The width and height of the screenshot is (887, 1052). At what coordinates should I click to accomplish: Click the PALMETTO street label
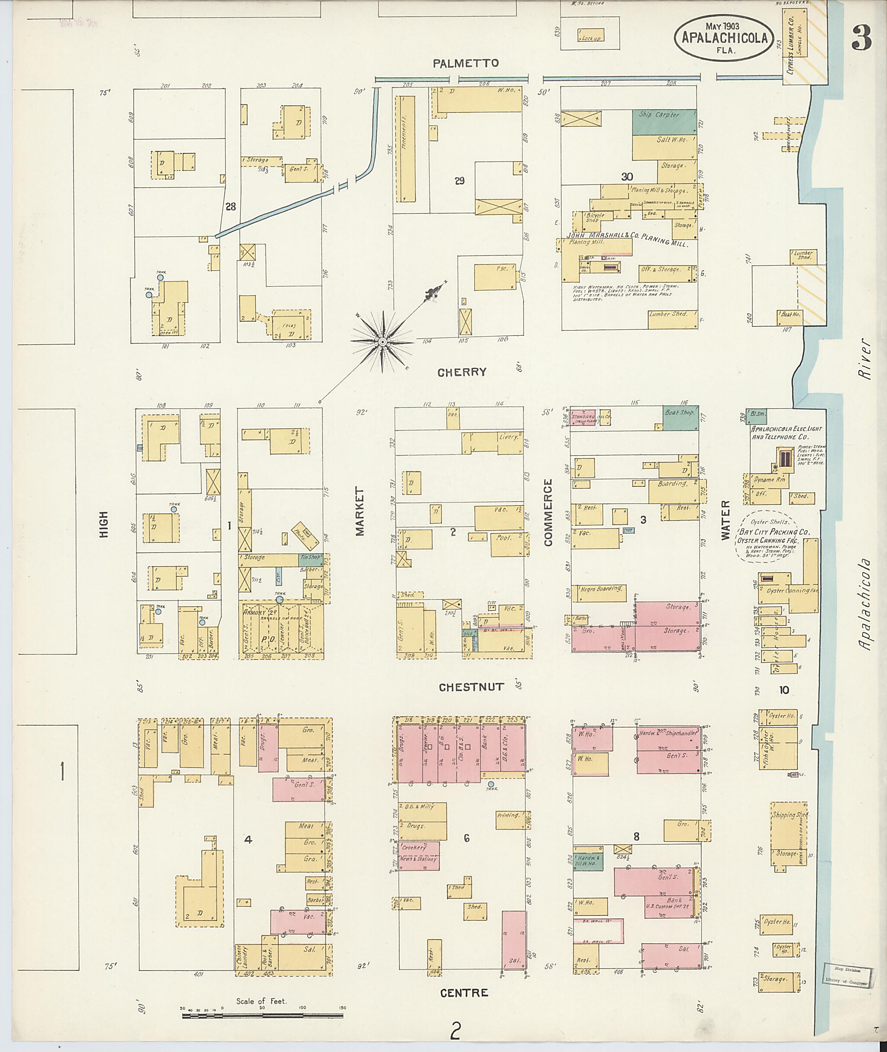coord(466,63)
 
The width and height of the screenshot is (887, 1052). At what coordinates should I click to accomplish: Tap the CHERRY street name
coord(462,372)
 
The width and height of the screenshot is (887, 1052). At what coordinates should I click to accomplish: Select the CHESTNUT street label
coord(471,687)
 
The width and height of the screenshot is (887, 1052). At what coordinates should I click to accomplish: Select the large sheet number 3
coord(861,39)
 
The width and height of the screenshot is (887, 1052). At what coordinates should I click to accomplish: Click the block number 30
coord(627,177)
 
